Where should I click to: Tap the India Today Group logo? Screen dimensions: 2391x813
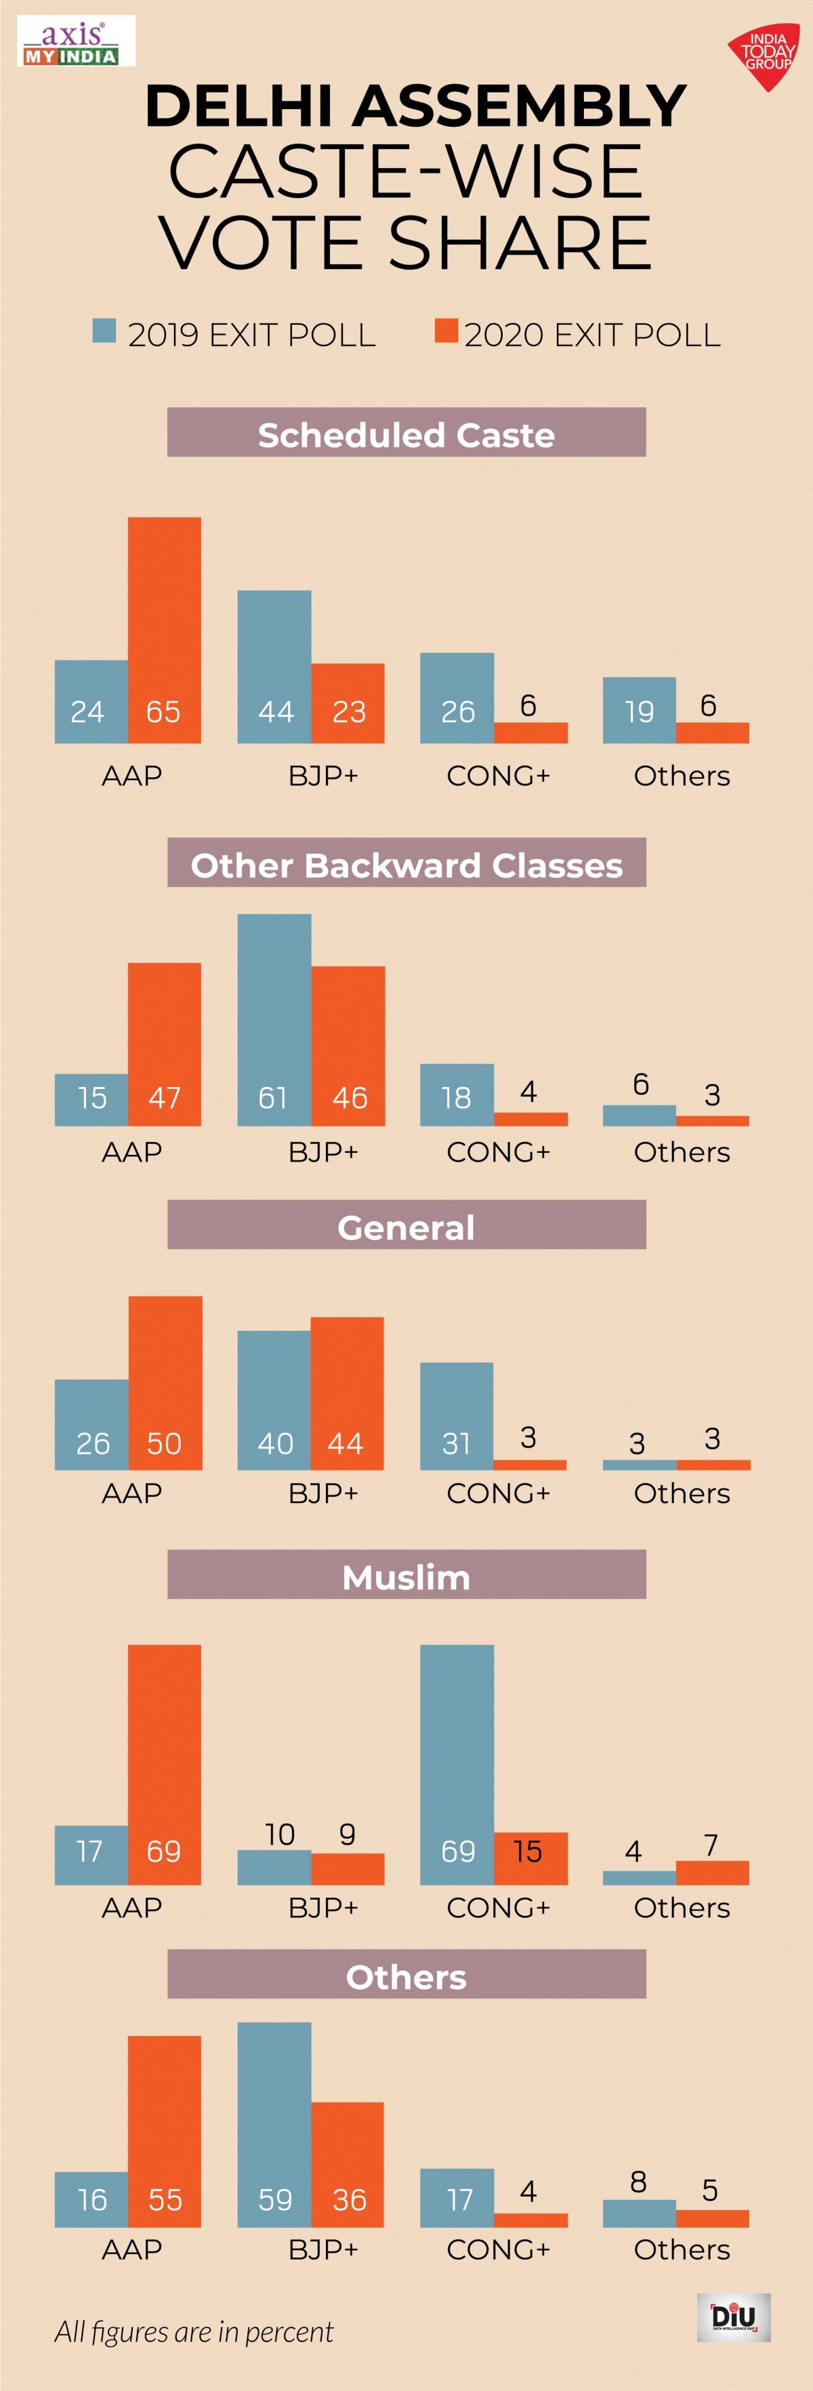(765, 56)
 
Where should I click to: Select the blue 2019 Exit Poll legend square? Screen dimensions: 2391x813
(104, 331)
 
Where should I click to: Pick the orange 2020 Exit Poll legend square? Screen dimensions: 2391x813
(446, 331)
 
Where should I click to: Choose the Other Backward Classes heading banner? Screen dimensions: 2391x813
(406, 863)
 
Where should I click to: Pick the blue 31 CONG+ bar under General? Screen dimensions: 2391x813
(456, 1416)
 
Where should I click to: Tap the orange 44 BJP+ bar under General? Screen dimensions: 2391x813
(346, 1392)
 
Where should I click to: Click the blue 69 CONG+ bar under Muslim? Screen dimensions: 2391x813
(457, 1763)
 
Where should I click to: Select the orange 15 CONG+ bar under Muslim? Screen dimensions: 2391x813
(530, 1858)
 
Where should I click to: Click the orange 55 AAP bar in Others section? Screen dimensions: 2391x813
(164, 2131)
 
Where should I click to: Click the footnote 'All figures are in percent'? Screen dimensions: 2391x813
(193, 2331)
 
